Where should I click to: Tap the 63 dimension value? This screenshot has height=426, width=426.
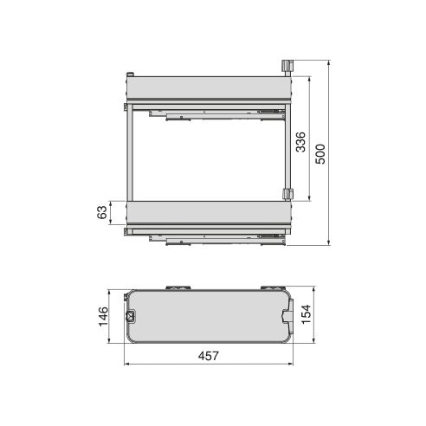pyautogui.click(x=101, y=213)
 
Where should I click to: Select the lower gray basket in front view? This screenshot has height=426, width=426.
pyautogui.click(x=208, y=213)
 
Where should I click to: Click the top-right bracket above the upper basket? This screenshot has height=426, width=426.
pyautogui.click(x=287, y=68)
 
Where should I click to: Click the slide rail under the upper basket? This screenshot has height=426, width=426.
pyautogui.click(x=216, y=112)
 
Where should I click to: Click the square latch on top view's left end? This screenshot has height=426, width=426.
pyautogui.click(x=132, y=316)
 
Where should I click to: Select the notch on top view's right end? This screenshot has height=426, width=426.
pyautogui.click(x=287, y=317)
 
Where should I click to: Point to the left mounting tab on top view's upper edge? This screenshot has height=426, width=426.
pyautogui.click(x=180, y=286)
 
